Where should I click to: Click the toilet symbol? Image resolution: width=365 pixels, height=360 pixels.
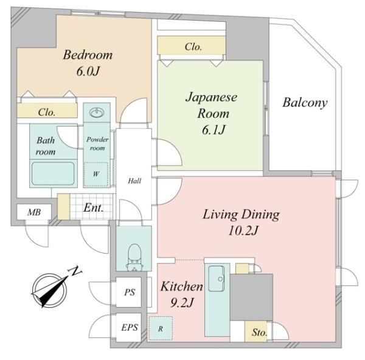134,257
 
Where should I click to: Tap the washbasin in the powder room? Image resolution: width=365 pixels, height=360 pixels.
97,112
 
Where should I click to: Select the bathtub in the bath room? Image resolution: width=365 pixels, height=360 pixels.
53,173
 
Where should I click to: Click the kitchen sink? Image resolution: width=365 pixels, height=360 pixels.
216,279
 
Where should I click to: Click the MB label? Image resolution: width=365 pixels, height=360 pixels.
34,212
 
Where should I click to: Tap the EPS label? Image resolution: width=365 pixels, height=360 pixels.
130,327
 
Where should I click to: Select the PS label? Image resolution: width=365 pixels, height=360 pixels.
130,292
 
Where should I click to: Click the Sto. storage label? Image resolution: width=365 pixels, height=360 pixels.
259,332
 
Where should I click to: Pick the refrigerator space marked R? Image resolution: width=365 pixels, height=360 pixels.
161,328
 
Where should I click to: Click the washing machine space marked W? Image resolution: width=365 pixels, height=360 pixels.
96,175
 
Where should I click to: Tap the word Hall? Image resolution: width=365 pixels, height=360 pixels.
134,181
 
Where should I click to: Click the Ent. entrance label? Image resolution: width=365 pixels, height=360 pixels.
93,207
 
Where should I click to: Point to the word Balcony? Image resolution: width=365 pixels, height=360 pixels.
305,103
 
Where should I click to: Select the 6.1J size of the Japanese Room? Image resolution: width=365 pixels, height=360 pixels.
214,130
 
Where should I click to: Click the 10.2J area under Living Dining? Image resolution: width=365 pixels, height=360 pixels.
243,230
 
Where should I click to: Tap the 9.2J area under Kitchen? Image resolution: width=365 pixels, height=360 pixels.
182,302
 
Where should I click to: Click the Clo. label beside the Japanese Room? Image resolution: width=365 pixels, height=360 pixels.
193,47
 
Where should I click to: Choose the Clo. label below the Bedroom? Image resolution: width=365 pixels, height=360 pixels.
47,112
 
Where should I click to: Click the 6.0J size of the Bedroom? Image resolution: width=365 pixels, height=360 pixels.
88,71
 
